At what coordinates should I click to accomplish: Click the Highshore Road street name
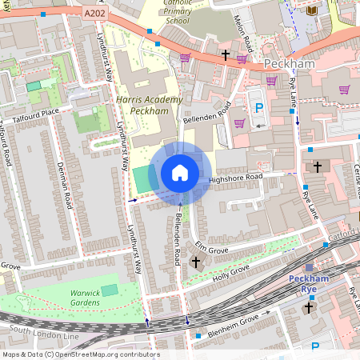tap(235, 178)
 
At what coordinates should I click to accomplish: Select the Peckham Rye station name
tap(309, 284)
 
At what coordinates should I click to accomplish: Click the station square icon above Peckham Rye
tap(310, 268)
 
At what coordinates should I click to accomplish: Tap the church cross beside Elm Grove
tap(196, 262)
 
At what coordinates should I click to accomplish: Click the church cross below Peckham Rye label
tap(309, 306)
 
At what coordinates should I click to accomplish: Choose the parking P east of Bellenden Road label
tap(258, 108)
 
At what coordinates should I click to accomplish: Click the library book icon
tap(311, 10)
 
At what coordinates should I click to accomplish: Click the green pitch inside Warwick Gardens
tap(110, 290)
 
